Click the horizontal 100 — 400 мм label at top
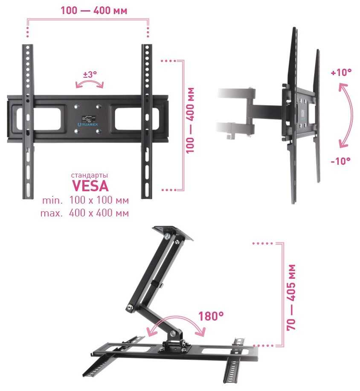tap(94, 11)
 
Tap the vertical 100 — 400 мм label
tap(190, 120)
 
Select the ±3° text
tap(90, 74)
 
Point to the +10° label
tap(341, 73)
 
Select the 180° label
tap(211, 316)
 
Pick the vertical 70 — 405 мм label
tap(291, 297)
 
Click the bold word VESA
tap(90, 186)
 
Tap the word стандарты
tap(90, 175)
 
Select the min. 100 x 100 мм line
tap(85, 200)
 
